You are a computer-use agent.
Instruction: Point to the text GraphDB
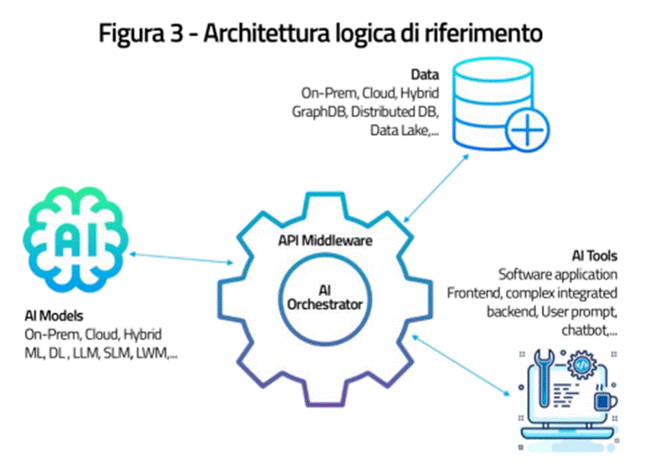click(322, 112)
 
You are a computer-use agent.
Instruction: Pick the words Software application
click(558, 274)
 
